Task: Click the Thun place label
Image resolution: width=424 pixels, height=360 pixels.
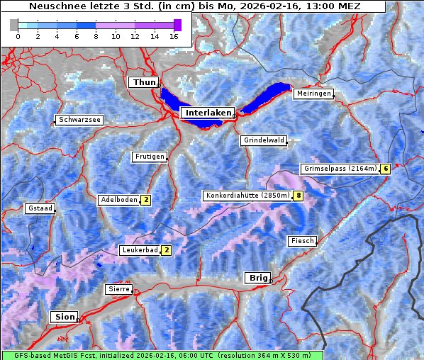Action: click(x=144, y=83)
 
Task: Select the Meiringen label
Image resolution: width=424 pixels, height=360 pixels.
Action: click(x=313, y=94)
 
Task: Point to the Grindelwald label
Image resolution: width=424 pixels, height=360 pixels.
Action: click(x=264, y=140)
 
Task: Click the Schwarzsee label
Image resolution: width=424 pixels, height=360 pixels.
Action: click(x=80, y=120)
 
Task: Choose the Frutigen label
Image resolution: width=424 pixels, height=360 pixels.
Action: click(x=149, y=157)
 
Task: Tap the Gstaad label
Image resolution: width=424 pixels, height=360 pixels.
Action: click(x=40, y=208)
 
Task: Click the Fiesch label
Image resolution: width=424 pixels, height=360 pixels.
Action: click(x=302, y=241)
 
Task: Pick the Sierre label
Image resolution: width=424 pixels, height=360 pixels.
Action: click(x=118, y=289)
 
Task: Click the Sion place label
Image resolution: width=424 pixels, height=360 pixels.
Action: click(x=64, y=317)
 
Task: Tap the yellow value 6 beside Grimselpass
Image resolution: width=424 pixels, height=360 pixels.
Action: click(x=385, y=169)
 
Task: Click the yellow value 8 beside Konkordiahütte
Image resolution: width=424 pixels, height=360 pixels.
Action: click(x=299, y=196)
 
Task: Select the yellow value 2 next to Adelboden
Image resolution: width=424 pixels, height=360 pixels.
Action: click(x=145, y=200)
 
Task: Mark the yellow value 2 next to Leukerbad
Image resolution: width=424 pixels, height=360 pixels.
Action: click(x=166, y=250)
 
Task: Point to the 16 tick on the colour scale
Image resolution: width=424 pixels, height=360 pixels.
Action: click(x=174, y=35)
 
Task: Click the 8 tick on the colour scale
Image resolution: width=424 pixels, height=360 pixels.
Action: click(x=96, y=35)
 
